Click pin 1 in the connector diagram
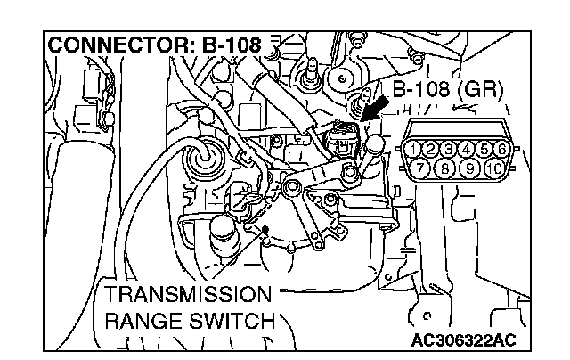click(x=416, y=148)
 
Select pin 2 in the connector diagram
click(x=434, y=148)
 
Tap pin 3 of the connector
click(x=451, y=148)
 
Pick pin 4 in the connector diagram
click(x=468, y=148)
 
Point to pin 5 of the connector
click(x=485, y=148)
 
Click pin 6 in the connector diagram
click(x=503, y=148)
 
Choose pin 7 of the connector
click(x=425, y=168)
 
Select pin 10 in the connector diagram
click(x=494, y=168)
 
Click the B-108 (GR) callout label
click(x=448, y=90)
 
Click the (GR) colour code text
click(x=484, y=90)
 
